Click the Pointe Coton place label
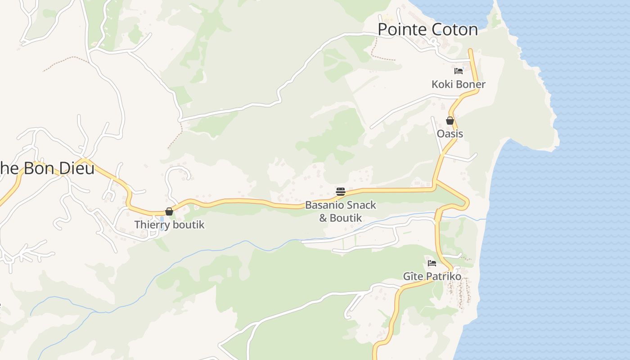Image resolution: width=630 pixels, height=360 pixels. tap(427, 30)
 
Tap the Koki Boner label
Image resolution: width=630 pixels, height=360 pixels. tap(458, 85)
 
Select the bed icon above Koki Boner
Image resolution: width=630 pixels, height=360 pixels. tap(459, 71)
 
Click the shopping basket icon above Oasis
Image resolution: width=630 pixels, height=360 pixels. tap(450, 121)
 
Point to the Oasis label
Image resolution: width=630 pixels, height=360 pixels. tap(450, 134)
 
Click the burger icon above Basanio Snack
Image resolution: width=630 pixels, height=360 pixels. tap(340, 192)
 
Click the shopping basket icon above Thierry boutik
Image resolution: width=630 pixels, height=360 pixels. tap(169, 211)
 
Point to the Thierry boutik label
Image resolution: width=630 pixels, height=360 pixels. tap(169, 225)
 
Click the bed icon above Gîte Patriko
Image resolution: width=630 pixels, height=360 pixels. tap(432, 263)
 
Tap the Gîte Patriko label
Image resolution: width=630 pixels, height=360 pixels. tap(432, 276)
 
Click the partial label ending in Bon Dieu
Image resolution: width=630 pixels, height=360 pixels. tap(47, 169)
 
